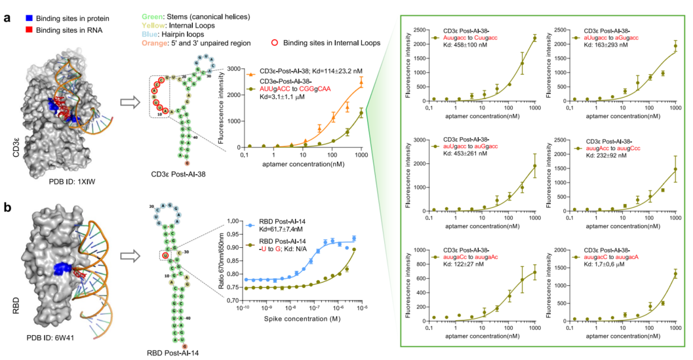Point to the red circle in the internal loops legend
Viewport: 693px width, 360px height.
[x=273, y=43]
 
